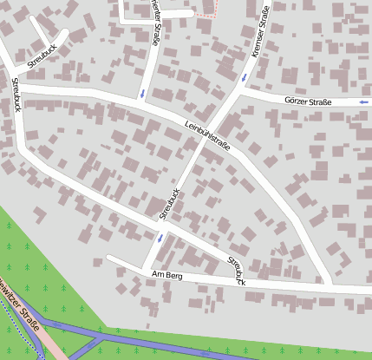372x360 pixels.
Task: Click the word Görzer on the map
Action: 297,101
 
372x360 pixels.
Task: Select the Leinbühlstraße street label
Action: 207,134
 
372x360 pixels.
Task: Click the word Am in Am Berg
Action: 158,274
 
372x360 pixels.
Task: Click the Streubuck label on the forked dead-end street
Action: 42,56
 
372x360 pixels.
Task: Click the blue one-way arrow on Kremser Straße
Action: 245,78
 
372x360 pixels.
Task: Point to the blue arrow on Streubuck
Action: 160,237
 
